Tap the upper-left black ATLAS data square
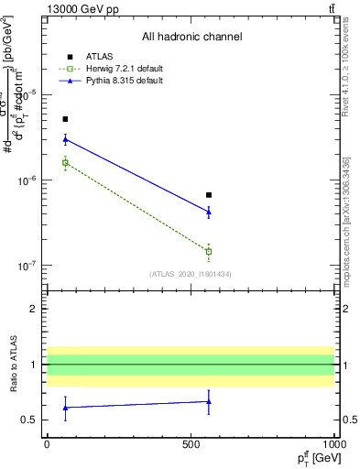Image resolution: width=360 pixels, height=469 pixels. [65, 119]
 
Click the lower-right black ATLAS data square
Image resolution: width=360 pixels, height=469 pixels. [209, 195]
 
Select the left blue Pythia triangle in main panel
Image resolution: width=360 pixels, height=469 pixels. [65, 139]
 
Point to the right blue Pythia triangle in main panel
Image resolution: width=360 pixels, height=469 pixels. [209, 212]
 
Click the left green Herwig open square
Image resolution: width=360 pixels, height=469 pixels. [65, 163]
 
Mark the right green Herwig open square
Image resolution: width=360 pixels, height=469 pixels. [209, 251]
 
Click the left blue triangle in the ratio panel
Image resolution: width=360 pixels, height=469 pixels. [65, 408]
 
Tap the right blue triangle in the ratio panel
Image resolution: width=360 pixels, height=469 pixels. [209, 401]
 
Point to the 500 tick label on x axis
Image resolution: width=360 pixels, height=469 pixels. [191, 443]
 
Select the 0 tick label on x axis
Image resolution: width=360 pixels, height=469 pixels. [47, 443]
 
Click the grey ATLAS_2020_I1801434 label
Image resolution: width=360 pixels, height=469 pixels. [191, 274]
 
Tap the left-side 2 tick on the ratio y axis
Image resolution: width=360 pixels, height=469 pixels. [34, 309]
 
